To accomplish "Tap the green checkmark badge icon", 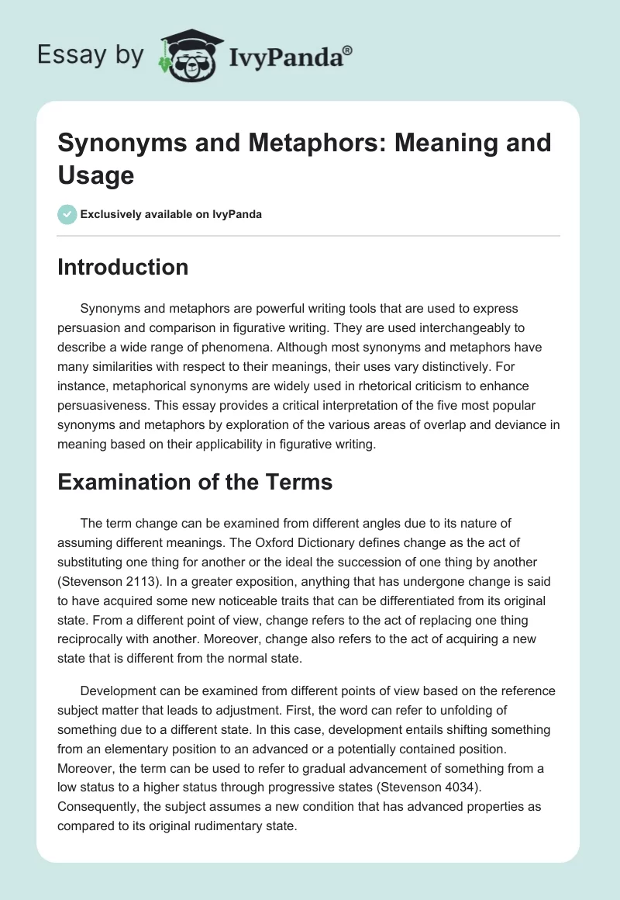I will [x=67, y=214].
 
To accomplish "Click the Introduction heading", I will [x=123, y=267].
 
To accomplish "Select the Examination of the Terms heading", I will [x=195, y=482].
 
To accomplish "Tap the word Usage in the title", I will [x=96, y=175].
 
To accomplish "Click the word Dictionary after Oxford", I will [x=352, y=542].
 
